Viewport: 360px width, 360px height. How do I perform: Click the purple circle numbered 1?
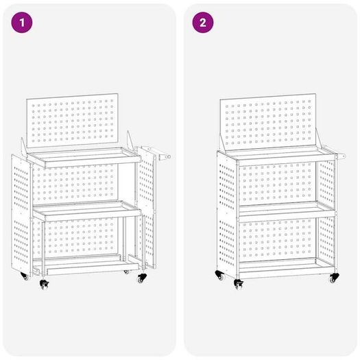tap(22, 23)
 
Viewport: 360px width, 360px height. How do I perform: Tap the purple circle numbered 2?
tap(203, 23)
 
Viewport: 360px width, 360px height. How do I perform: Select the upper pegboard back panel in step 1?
tap(72, 120)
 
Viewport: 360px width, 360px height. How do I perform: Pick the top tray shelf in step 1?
tap(84, 157)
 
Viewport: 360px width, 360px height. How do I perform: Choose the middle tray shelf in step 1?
tap(87, 211)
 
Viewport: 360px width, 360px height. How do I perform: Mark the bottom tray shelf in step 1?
tap(86, 265)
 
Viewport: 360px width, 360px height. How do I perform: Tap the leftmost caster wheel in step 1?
tap(24, 276)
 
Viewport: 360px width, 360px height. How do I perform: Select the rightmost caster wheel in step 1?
tap(142, 278)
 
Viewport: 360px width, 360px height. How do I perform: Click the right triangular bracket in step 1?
tap(130, 141)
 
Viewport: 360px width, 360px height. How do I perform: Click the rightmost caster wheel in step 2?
tap(333, 278)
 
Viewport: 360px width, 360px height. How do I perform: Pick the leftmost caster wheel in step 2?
tap(219, 276)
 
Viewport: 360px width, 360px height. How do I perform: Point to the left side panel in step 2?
tap(226, 213)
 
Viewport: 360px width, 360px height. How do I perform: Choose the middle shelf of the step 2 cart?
tap(287, 209)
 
